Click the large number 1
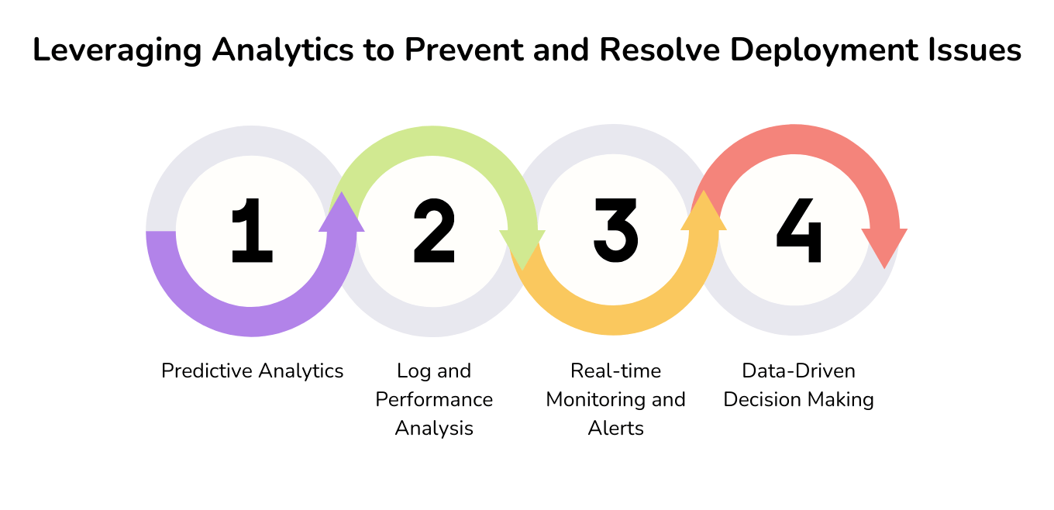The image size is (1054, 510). click(x=252, y=230)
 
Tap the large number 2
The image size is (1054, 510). click(x=434, y=230)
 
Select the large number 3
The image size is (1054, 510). click(x=615, y=230)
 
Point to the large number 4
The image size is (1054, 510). click(x=798, y=230)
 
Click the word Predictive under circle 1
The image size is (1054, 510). click(x=203, y=371)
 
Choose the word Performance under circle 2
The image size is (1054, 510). click(x=434, y=400)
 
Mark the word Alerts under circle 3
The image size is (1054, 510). click(x=615, y=429)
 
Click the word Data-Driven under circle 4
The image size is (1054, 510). click(x=798, y=371)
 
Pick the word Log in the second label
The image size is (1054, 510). click(x=411, y=372)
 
